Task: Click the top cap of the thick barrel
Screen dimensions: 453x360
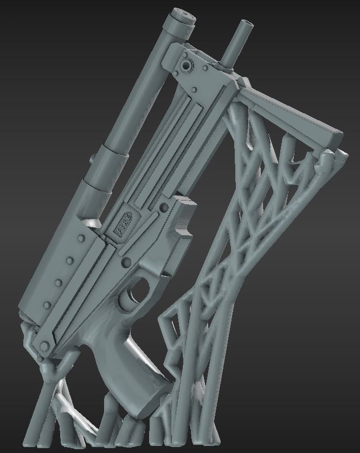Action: [x=180, y=16]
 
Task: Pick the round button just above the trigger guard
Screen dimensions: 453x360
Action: [x=127, y=263]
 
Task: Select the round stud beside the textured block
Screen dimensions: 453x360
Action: [x=164, y=208]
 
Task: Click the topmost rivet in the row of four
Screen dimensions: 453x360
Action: [x=81, y=238]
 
